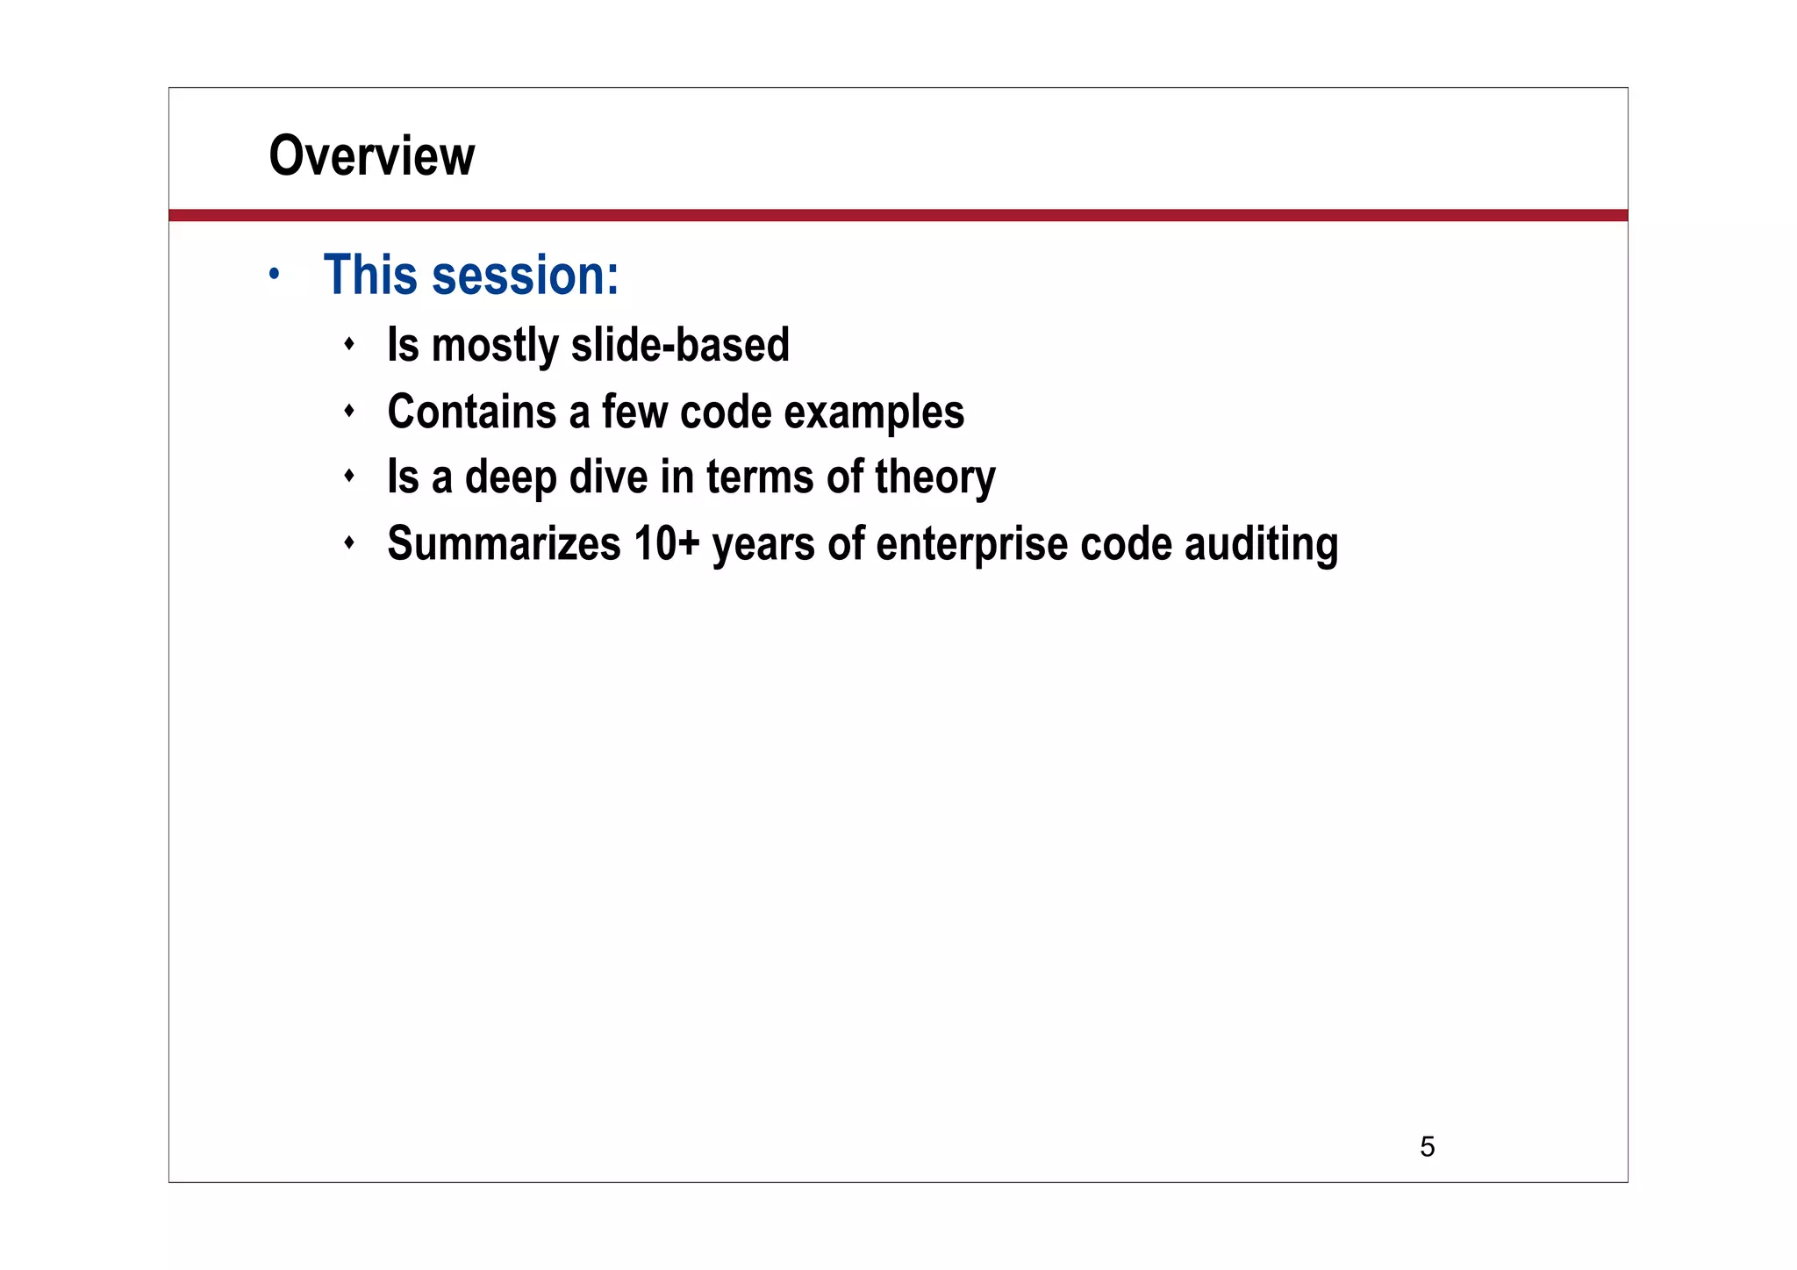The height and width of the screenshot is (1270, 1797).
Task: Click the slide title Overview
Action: [x=371, y=156]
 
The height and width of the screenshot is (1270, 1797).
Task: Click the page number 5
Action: [x=1427, y=1146]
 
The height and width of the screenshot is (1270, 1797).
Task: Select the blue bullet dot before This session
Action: [x=275, y=275]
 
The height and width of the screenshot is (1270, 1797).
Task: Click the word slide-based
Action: [x=680, y=344]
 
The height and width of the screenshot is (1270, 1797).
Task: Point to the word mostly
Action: [x=495, y=346]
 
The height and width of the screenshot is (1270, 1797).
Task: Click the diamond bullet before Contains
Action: [x=349, y=410]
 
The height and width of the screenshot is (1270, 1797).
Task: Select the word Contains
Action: [x=471, y=411]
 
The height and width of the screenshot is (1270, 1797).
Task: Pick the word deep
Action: [x=511, y=478]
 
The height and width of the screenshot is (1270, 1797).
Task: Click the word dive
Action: [x=608, y=477]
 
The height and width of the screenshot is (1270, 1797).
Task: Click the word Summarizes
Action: [x=504, y=543]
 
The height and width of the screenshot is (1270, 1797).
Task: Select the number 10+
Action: [x=666, y=543]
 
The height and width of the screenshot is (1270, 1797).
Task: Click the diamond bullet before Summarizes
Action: [x=349, y=543]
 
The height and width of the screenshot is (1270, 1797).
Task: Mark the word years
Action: [x=763, y=545]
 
